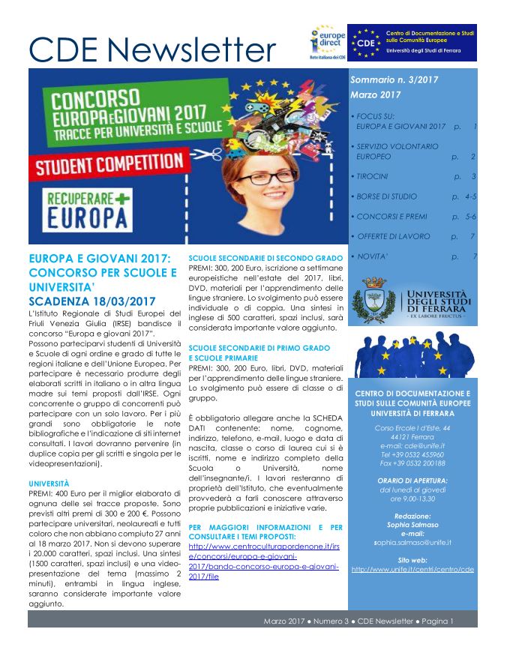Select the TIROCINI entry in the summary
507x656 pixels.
click(373, 176)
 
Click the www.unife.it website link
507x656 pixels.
click(412, 569)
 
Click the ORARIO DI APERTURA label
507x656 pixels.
click(412, 480)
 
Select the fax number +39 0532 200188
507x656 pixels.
click(412, 463)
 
